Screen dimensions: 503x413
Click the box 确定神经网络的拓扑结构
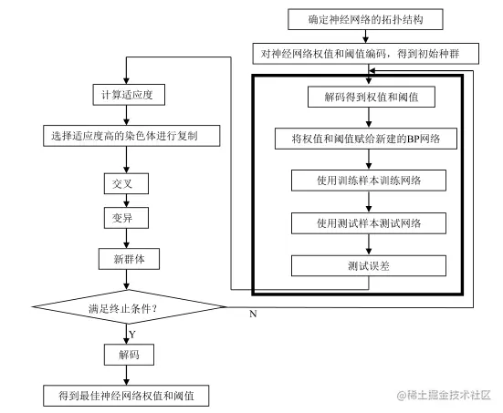coord(365,19)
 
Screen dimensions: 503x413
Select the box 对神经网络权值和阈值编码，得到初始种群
coord(366,54)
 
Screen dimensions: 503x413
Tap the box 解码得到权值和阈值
coord(372,97)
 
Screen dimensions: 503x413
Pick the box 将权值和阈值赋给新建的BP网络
coord(366,139)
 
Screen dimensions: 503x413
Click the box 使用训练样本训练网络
coord(369,181)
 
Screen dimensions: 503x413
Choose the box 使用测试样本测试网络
coord(369,223)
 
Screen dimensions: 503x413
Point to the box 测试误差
coord(369,265)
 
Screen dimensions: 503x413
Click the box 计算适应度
coord(129,95)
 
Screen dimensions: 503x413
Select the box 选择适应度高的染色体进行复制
coord(131,136)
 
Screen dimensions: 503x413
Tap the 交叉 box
coord(126,183)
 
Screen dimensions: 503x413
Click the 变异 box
coord(126,218)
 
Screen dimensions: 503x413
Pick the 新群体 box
coord(129,259)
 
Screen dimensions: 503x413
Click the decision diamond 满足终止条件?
coord(129,307)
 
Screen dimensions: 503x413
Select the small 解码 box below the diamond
coord(129,355)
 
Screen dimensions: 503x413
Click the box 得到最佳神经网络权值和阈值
coord(126,396)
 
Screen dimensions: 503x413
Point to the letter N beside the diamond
coord(253,314)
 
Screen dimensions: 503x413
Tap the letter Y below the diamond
coord(132,335)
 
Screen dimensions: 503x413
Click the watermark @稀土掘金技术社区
coord(444,395)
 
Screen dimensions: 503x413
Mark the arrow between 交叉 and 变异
coord(126,201)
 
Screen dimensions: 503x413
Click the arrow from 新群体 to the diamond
coord(126,280)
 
